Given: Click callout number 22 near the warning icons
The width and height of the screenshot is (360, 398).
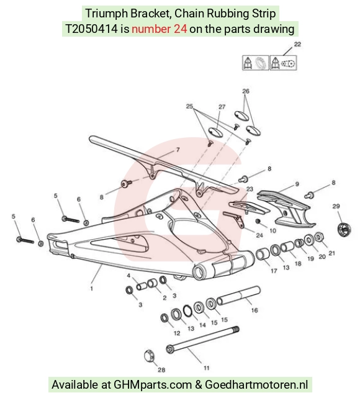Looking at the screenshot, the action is (297, 44).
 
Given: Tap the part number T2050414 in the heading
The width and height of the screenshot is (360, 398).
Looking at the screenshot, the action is (92, 29).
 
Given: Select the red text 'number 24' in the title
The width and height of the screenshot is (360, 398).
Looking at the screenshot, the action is (160, 29).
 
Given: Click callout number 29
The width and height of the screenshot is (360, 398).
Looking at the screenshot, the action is (336, 206).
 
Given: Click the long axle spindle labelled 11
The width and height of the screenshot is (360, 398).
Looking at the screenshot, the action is (202, 340).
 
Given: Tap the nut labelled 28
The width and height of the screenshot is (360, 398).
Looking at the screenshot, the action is (149, 356).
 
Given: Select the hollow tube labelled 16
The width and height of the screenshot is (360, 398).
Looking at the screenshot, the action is (238, 296).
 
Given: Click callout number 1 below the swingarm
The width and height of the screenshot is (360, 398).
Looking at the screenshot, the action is (92, 289).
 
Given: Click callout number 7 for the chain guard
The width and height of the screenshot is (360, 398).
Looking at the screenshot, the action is (178, 150).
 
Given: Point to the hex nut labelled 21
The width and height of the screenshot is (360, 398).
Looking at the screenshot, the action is (318, 237).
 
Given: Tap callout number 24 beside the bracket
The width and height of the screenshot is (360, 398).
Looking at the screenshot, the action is (259, 235).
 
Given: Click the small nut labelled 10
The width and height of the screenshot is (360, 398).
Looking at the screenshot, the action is (258, 221).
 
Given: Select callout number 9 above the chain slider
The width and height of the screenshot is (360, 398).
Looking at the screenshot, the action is (297, 184).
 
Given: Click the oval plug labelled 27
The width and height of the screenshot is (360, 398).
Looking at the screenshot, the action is (215, 132).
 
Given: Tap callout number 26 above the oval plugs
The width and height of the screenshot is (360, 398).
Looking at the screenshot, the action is (246, 91).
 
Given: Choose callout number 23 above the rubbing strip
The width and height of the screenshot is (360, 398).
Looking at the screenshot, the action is (250, 189).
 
